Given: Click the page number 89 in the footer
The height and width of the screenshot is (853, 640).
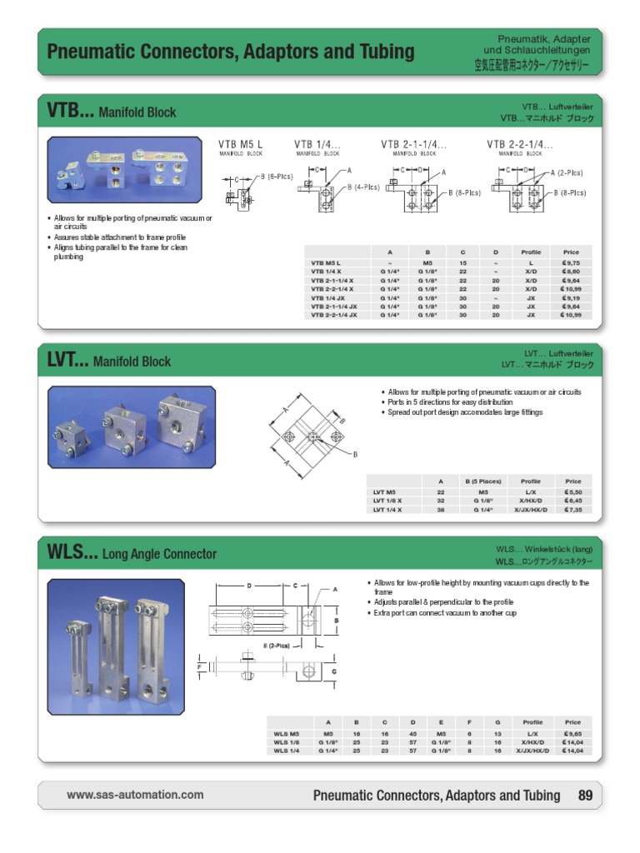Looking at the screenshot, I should click(585, 796).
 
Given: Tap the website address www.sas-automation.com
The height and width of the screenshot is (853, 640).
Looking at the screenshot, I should click(135, 795).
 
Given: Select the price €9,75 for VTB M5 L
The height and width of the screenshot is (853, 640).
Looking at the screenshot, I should click(571, 262).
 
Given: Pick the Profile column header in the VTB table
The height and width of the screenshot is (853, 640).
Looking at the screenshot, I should click(531, 251).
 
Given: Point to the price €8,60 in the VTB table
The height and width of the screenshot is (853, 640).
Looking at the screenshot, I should click(571, 272).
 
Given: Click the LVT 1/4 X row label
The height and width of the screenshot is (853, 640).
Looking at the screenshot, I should click(388, 509).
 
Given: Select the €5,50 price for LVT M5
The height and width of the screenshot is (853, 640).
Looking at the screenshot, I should click(572, 492).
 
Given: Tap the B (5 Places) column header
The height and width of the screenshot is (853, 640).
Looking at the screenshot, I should click(482, 481).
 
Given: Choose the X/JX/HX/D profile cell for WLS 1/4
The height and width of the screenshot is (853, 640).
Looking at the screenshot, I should click(531, 751).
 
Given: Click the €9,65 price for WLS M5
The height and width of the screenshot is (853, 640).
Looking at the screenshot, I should click(572, 734).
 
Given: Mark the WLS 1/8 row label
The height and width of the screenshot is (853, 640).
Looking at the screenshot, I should click(286, 742).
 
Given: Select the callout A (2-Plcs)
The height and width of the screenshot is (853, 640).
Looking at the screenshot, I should click(567, 172).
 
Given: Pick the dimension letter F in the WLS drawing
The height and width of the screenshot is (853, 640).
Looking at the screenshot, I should click(199, 666).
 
